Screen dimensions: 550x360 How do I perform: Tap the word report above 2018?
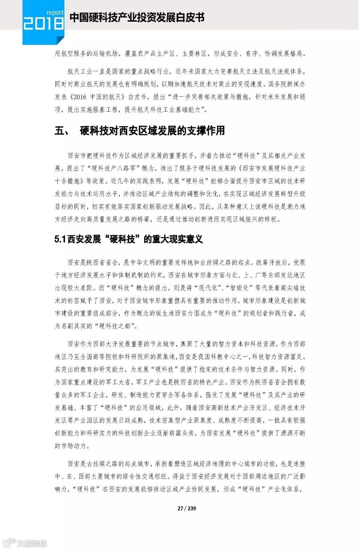point(55,13)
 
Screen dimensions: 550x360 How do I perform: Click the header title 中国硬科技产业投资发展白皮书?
point(137,18)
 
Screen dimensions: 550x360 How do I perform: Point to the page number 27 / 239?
point(187,508)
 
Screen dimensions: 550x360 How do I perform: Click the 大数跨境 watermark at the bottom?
point(32,543)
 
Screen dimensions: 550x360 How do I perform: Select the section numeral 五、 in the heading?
point(62,131)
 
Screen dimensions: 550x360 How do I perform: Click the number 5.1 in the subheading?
point(60,239)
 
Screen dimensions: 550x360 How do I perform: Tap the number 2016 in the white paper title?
point(80,97)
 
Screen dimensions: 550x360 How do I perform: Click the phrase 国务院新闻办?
point(287,84)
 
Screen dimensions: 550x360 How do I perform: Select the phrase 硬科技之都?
point(115,326)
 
